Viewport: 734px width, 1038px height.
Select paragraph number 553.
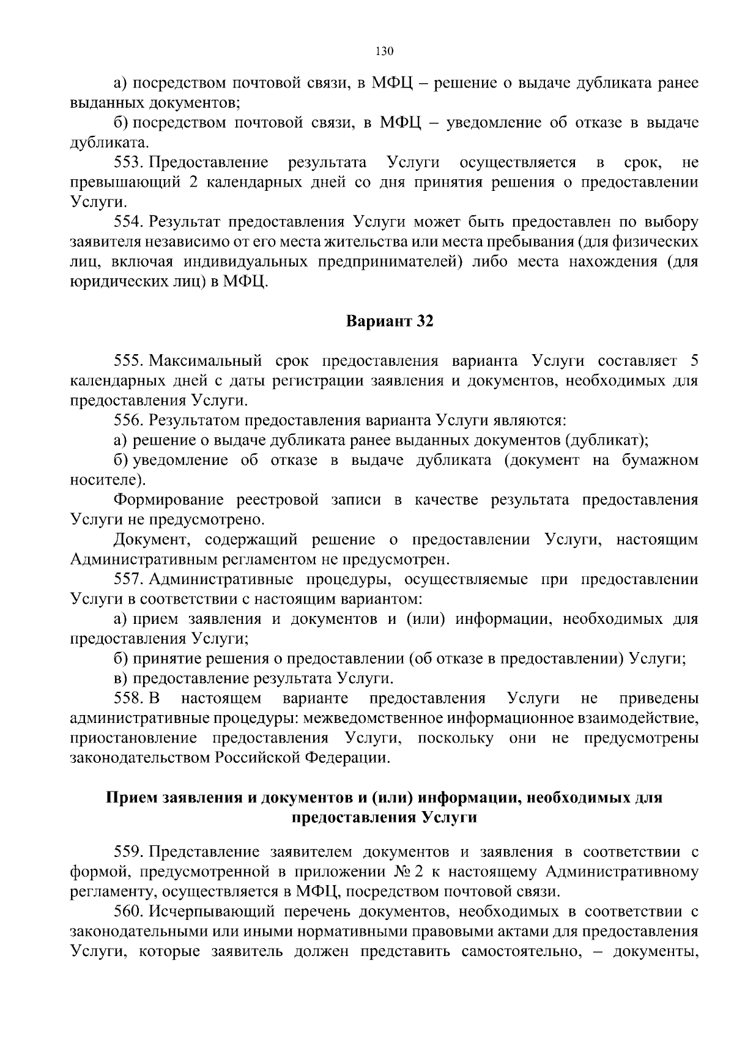[128, 163]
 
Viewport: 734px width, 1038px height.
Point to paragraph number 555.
[128, 361]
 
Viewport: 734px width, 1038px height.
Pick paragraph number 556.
[128, 421]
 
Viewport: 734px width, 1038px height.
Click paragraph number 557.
[128, 579]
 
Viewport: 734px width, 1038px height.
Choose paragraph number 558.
[128, 699]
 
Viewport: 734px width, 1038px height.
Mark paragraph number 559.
[128, 852]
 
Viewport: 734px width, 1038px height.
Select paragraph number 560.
[128, 912]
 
